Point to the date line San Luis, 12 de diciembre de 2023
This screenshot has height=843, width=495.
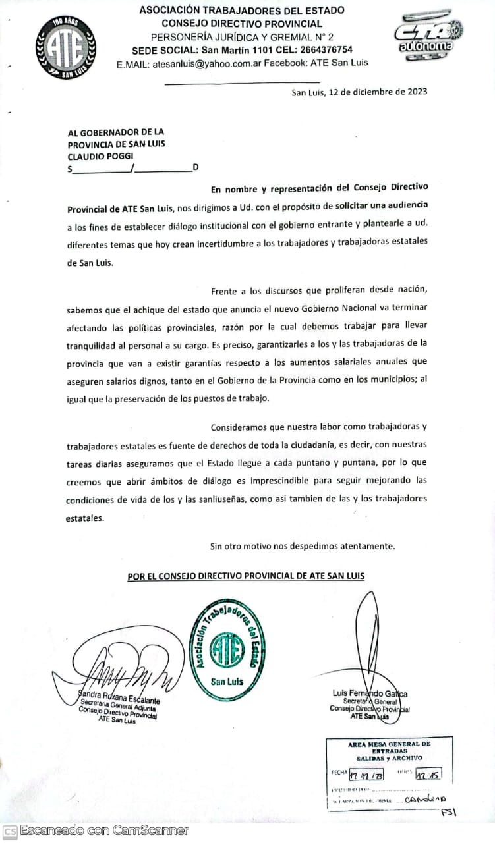tap(359, 92)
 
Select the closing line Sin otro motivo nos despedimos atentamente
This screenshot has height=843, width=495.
tap(303, 546)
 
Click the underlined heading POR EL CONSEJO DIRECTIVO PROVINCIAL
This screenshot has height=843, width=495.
tap(246, 576)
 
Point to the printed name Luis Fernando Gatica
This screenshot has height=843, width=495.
tap(370, 694)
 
